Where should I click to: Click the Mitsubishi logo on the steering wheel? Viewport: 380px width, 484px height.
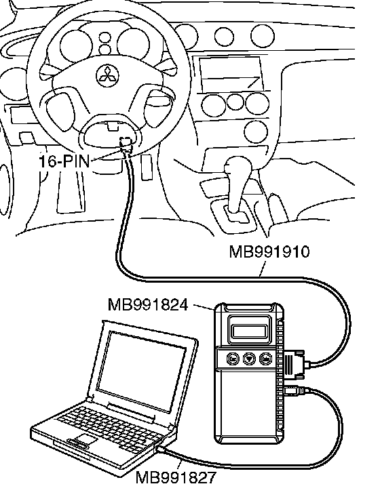click(107, 75)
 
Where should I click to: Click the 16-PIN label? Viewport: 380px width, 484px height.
click(64, 161)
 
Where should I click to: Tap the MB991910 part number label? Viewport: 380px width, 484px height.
click(269, 251)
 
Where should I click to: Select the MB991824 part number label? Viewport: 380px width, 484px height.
click(148, 305)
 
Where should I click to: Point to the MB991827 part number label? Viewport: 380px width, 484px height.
click(176, 477)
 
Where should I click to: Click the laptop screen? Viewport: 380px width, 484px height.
click(142, 371)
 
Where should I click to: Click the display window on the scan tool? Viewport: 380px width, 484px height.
click(250, 331)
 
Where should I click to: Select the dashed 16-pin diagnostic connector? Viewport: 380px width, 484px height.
click(126, 144)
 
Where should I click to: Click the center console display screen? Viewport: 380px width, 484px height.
click(231, 74)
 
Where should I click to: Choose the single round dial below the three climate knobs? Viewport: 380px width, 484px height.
click(256, 132)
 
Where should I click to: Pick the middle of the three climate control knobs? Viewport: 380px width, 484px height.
click(235, 102)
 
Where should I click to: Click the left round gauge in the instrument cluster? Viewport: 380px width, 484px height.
click(76, 46)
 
